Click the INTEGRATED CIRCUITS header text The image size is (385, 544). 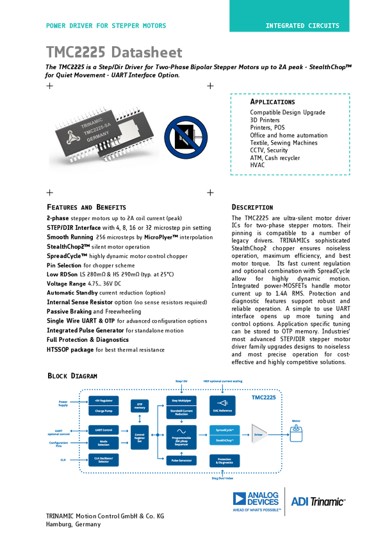click(x=302, y=26)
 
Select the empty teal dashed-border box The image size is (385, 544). click(x=290, y=133)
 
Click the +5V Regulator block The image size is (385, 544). click(x=104, y=400)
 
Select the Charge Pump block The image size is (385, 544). click(x=104, y=410)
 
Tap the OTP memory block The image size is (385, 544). click(x=140, y=406)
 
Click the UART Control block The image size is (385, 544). click(x=104, y=429)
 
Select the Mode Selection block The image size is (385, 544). click(x=104, y=442)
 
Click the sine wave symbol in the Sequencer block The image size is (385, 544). click(x=182, y=431)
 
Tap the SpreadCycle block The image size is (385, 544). click(x=224, y=429)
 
